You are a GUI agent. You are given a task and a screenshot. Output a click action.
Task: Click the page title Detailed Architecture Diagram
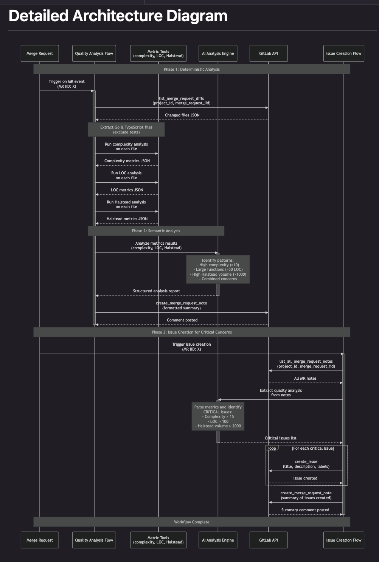(x=118, y=16)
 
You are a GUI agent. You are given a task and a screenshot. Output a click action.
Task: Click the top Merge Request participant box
(x=40, y=53)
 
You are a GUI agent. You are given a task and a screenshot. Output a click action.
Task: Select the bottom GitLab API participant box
(x=269, y=540)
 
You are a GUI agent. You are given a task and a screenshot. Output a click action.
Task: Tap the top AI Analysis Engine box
(x=218, y=53)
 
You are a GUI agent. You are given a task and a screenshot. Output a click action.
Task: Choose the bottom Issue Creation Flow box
(x=344, y=540)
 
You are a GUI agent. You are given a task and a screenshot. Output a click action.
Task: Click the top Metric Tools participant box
(x=158, y=53)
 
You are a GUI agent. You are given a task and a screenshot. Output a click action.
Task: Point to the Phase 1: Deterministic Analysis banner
(x=191, y=69)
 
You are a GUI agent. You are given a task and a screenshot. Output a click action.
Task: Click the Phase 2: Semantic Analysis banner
(x=156, y=231)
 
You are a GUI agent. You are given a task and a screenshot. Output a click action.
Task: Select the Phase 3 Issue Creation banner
(x=191, y=332)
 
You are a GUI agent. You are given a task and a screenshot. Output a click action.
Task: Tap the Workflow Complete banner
(x=191, y=522)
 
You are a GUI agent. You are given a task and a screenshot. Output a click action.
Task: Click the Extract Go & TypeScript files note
(x=126, y=129)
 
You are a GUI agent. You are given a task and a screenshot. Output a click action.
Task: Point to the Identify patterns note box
(x=218, y=270)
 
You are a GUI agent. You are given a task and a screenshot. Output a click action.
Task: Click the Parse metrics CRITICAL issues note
(x=218, y=416)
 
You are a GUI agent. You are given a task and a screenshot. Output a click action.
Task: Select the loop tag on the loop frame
(x=272, y=448)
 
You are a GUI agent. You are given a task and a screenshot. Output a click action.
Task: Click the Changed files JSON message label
(x=182, y=115)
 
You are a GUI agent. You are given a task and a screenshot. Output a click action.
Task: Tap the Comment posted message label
(x=182, y=320)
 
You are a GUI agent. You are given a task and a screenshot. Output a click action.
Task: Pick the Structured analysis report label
(x=156, y=291)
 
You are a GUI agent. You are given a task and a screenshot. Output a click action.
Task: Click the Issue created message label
(x=305, y=478)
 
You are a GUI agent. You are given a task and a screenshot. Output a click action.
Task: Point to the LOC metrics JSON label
(x=127, y=190)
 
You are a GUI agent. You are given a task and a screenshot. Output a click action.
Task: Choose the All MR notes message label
(x=305, y=378)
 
